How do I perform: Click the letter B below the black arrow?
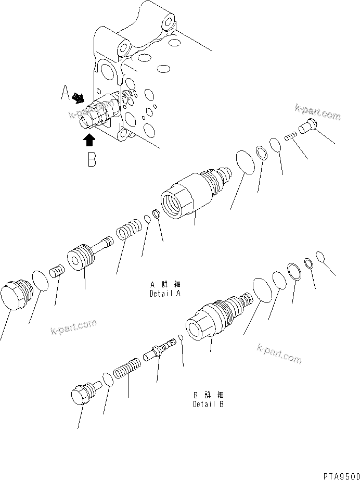92,159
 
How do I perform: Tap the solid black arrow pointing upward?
89,139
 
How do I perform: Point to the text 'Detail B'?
209,405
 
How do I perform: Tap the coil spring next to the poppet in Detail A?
128,230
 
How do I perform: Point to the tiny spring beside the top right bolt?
291,136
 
